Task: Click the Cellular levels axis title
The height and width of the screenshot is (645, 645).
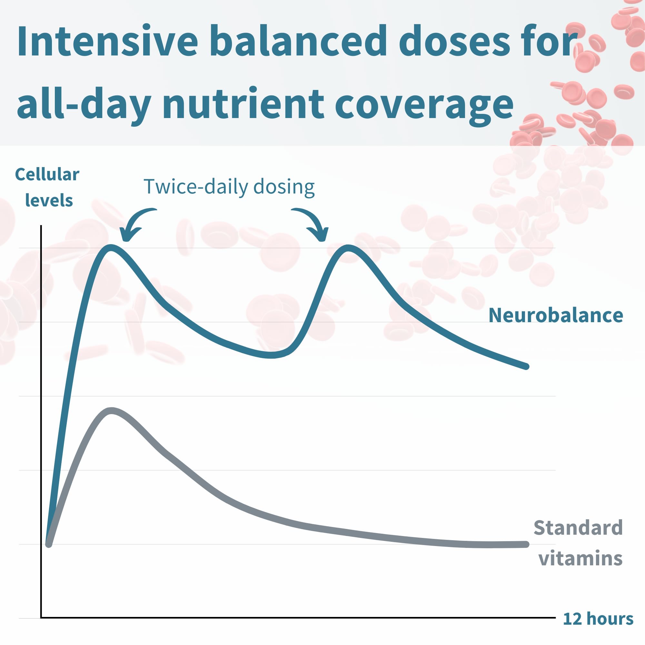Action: tap(47, 187)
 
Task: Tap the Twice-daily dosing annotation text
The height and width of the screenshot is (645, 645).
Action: tap(229, 187)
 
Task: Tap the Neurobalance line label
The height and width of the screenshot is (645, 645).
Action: tap(556, 315)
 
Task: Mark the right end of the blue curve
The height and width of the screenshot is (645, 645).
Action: tap(526, 366)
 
